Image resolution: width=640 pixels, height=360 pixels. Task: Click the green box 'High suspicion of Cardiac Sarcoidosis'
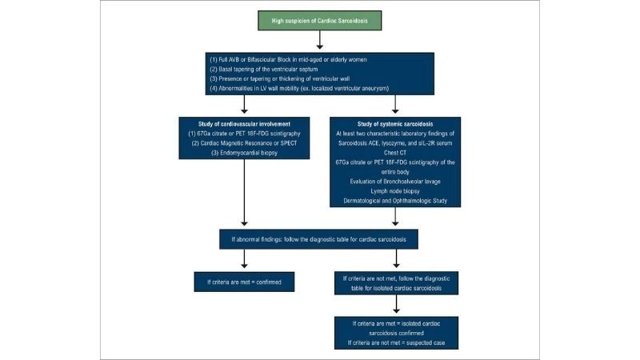point(320,18)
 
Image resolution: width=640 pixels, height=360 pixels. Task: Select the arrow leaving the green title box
point(320,38)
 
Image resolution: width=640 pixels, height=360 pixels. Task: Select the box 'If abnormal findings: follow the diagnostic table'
point(320,238)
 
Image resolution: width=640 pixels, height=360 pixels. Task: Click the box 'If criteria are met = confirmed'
point(242,282)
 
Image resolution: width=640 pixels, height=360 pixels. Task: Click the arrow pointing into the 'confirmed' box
point(242,261)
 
